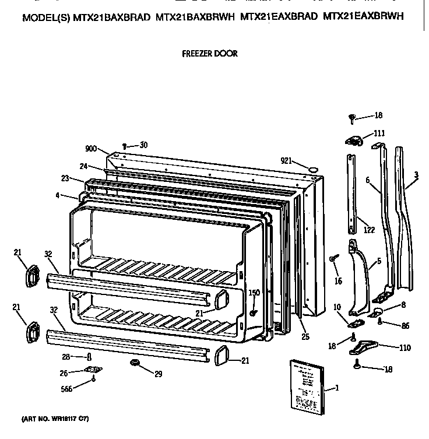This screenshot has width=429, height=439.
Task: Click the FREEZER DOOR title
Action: (210, 53)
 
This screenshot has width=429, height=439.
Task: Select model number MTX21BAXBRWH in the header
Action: (195, 17)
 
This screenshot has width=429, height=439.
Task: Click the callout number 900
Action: (90, 149)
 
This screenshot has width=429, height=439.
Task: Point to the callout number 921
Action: (286, 161)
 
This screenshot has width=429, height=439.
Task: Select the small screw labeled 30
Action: (124, 146)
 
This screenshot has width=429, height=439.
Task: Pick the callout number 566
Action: (67, 389)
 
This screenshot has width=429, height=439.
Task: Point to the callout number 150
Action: (254, 293)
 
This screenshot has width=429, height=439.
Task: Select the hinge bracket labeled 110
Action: (362, 347)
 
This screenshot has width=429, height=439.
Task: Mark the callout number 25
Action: (305, 336)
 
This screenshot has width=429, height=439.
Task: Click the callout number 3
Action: (416, 174)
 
